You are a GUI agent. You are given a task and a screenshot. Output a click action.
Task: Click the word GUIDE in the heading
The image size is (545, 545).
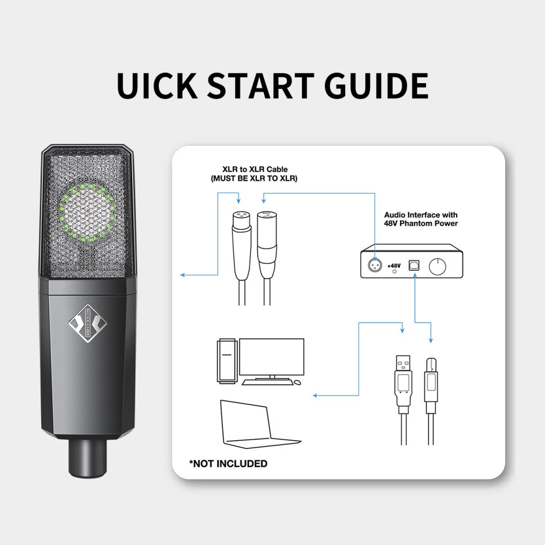coord(376,86)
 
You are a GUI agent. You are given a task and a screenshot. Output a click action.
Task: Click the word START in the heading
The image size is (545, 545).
coord(261,86)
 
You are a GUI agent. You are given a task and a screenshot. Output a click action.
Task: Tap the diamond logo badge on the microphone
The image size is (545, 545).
coord(88,323)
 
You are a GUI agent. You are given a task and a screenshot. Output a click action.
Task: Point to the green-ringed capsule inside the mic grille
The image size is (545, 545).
coord(88,213)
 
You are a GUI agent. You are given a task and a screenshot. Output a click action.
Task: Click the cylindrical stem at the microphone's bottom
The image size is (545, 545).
coord(88,457)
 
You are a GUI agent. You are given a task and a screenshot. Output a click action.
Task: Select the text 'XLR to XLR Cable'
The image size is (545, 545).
coord(255,169)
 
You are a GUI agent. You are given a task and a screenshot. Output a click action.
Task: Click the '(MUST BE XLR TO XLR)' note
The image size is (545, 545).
coord(254,179)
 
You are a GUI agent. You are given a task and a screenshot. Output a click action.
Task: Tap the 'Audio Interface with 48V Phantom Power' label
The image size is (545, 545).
coord(421,219)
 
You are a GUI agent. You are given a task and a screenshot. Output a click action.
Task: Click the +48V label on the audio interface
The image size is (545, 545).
coord(394,266)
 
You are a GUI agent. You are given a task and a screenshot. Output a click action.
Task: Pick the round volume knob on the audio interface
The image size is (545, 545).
coord(437,267)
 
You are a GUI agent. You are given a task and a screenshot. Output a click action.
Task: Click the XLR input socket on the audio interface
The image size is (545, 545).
coord(374,266)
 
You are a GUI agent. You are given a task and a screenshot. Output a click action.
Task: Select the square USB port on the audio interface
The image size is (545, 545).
coord(414,265)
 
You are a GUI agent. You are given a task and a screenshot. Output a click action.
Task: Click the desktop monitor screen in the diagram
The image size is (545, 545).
coord(272,357)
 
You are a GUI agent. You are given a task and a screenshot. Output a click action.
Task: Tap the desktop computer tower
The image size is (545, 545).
coord(227,361)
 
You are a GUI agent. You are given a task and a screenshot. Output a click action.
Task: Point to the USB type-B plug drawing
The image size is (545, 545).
coord(431,402)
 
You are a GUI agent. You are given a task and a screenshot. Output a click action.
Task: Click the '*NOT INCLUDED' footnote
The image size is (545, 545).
coord(228,464)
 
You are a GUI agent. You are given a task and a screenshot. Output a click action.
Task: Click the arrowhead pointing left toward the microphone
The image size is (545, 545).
coord(182,275)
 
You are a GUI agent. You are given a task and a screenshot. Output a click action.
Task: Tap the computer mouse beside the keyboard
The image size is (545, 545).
coord(297,382)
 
